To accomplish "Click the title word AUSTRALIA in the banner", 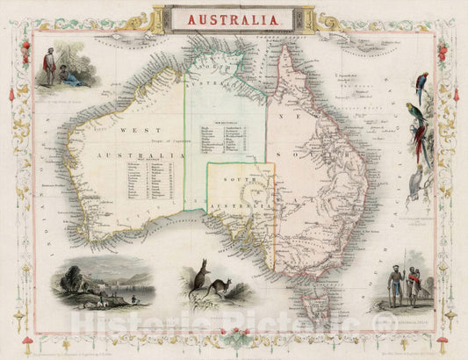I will [x=233, y=18].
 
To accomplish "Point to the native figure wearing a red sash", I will [x=412, y=286].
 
